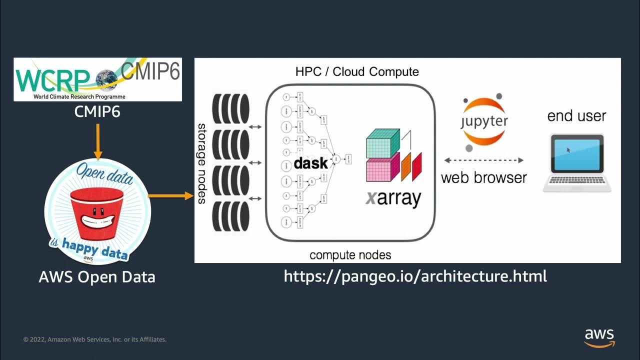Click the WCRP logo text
52,79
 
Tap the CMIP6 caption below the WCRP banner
97,111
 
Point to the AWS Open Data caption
97,276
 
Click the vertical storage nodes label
201,163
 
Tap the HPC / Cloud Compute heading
357,72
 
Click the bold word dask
310,163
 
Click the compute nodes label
350,255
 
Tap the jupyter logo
483,121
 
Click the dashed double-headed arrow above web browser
483,160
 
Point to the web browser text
483,177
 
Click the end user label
576,116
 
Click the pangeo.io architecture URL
415,276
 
